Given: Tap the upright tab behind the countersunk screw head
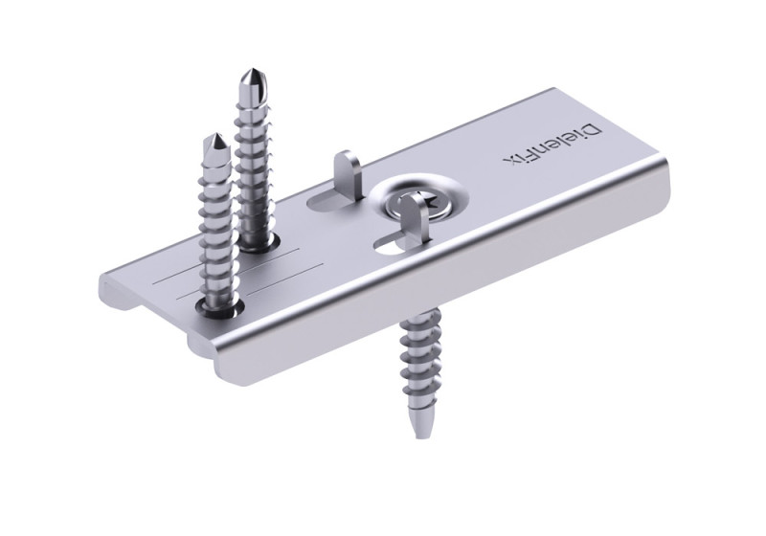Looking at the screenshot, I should coord(347,172).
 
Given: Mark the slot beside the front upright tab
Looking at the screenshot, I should coord(391,245).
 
